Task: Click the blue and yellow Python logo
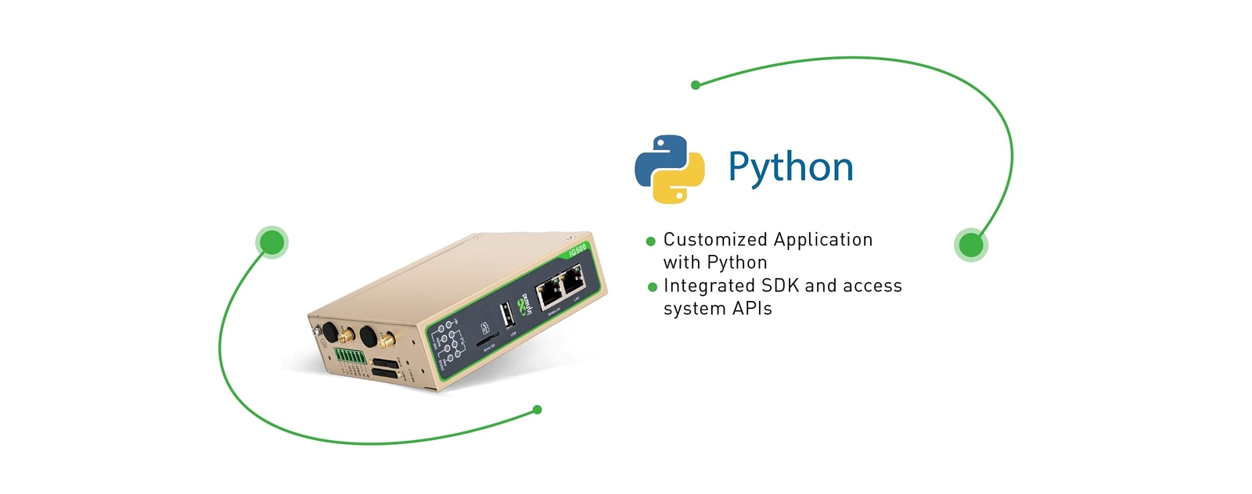click(x=669, y=169)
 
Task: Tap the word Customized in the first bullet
click(x=714, y=240)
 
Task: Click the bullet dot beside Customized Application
click(x=650, y=242)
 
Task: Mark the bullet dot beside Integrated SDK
click(x=652, y=287)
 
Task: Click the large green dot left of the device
click(x=272, y=242)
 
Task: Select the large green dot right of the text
click(x=970, y=245)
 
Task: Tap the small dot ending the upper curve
click(x=695, y=84)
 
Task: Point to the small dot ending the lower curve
click(x=537, y=410)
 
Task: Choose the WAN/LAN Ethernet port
click(x=549, y=293)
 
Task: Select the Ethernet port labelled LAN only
click(x=574, y=279)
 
